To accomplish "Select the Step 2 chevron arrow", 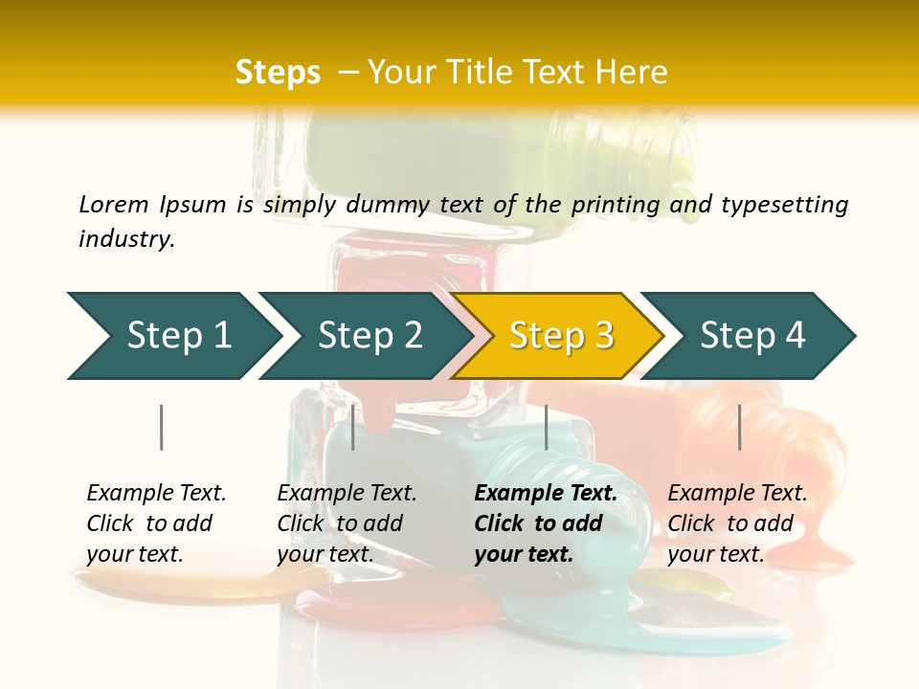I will (370, 335).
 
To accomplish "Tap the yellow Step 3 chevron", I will (561, 335).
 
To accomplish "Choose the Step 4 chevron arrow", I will (752, 335).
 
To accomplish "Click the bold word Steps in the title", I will (278, 73).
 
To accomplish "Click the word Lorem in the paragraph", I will (113, 204).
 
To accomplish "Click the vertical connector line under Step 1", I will (161, 427).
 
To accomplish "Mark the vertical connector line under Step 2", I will (353, 427).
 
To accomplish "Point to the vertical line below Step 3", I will (546, 427).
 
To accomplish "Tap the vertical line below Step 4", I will (739, 427).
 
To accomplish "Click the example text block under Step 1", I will (156, 523).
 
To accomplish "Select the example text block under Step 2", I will (347, 523).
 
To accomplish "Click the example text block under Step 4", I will (737, 523).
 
